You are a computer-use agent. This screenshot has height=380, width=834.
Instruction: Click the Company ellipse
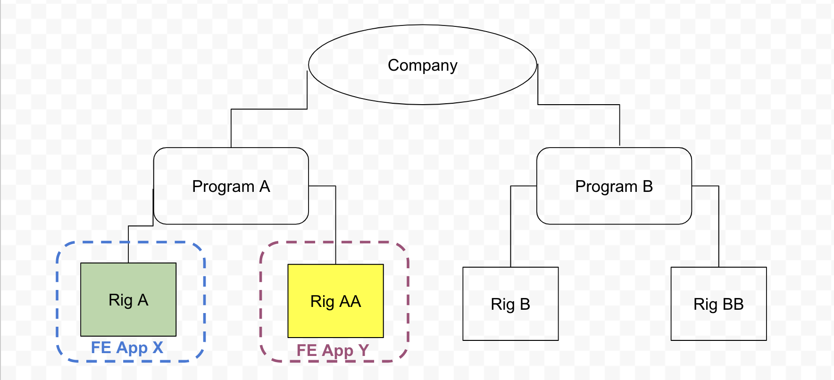tap(422, 85)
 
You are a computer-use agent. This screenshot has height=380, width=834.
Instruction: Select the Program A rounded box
tap(231, 207)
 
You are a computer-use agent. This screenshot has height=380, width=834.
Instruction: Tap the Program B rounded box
tap(614, 207)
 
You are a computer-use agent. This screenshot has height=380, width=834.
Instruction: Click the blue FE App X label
tap(126, 348)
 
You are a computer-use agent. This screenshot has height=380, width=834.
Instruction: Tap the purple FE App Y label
tap(332, 351)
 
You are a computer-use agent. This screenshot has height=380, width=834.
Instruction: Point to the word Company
tap(422, 65)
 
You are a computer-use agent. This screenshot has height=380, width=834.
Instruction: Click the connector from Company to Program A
tap(269, 109)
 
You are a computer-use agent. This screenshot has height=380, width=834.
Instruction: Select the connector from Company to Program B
tap(578, 104)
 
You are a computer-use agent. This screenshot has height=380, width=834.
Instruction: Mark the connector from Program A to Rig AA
tap(335, 222)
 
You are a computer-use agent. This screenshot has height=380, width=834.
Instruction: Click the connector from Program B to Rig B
tap(511, 226)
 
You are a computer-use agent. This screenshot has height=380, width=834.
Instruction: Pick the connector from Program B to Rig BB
tap(718, 226)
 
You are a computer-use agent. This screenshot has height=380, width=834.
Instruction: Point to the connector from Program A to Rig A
tap(141, 226)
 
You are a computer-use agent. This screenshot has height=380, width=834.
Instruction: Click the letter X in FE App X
tap(158, 348)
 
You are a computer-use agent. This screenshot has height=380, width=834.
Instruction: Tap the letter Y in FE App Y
tap(363, 351)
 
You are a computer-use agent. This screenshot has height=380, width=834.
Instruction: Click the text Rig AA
tap(335, 301)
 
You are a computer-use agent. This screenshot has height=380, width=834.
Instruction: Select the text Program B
tap(614, 187)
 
